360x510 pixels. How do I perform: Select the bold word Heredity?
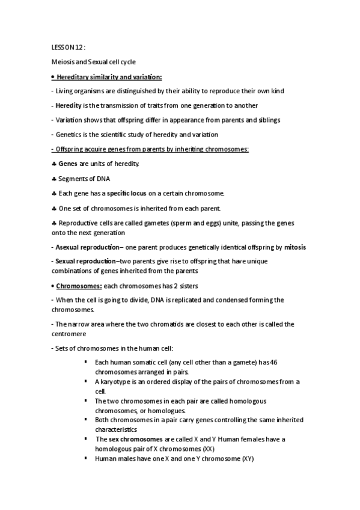69,105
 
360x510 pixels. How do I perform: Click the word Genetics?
70,135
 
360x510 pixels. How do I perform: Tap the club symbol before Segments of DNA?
53,179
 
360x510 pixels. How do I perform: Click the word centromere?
70,334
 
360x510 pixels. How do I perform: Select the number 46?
274,361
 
